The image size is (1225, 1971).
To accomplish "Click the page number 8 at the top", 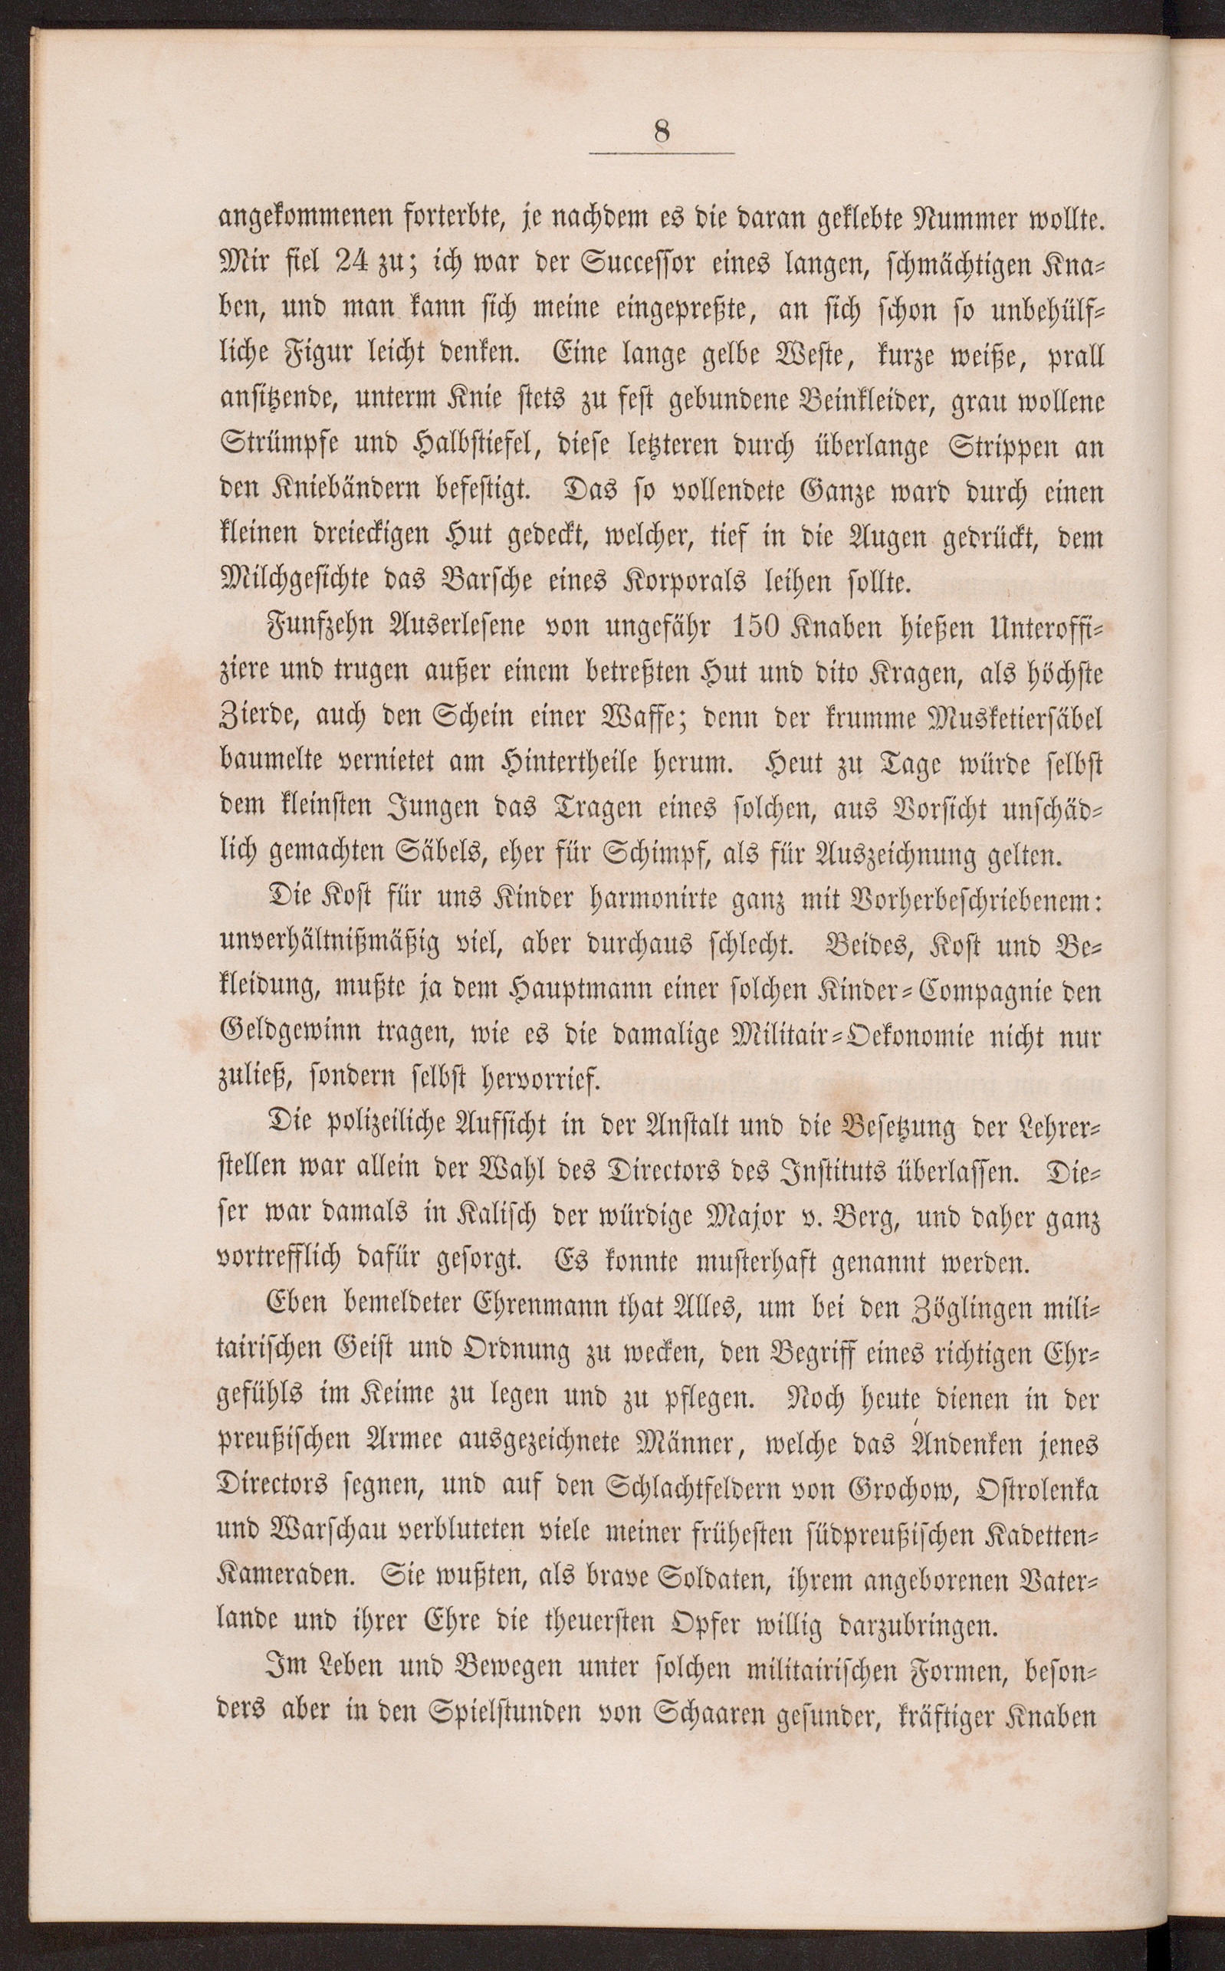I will coord(661,132).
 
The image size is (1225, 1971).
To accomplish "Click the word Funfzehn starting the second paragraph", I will coord(312,627).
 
